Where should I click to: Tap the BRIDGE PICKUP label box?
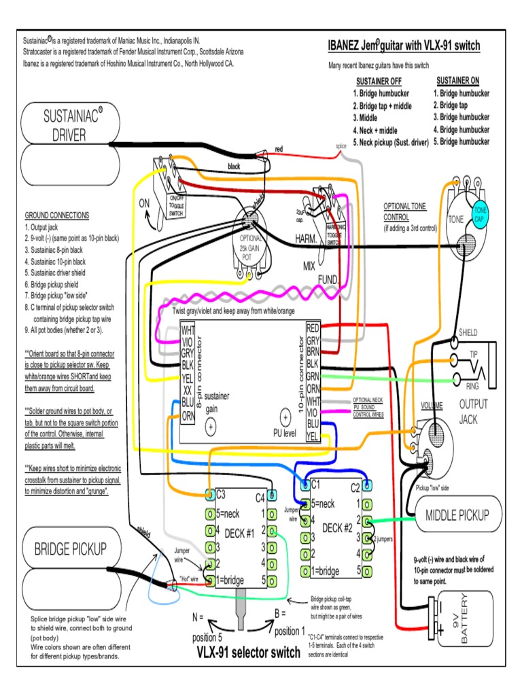(70, 549)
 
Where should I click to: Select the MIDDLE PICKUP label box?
(459, 515)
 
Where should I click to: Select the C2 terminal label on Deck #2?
(355, 486)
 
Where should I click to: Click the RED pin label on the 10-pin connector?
(313, 328)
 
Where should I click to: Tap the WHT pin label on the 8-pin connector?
(188, 331)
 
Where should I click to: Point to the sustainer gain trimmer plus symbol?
(210, 426)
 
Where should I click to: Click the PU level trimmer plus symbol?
(285, 419)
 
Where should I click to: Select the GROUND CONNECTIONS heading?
(57, 215)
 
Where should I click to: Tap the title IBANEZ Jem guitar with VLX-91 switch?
(404, 46)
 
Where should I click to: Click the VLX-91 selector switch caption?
(248, 653)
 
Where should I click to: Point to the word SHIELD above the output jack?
(468, 332)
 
